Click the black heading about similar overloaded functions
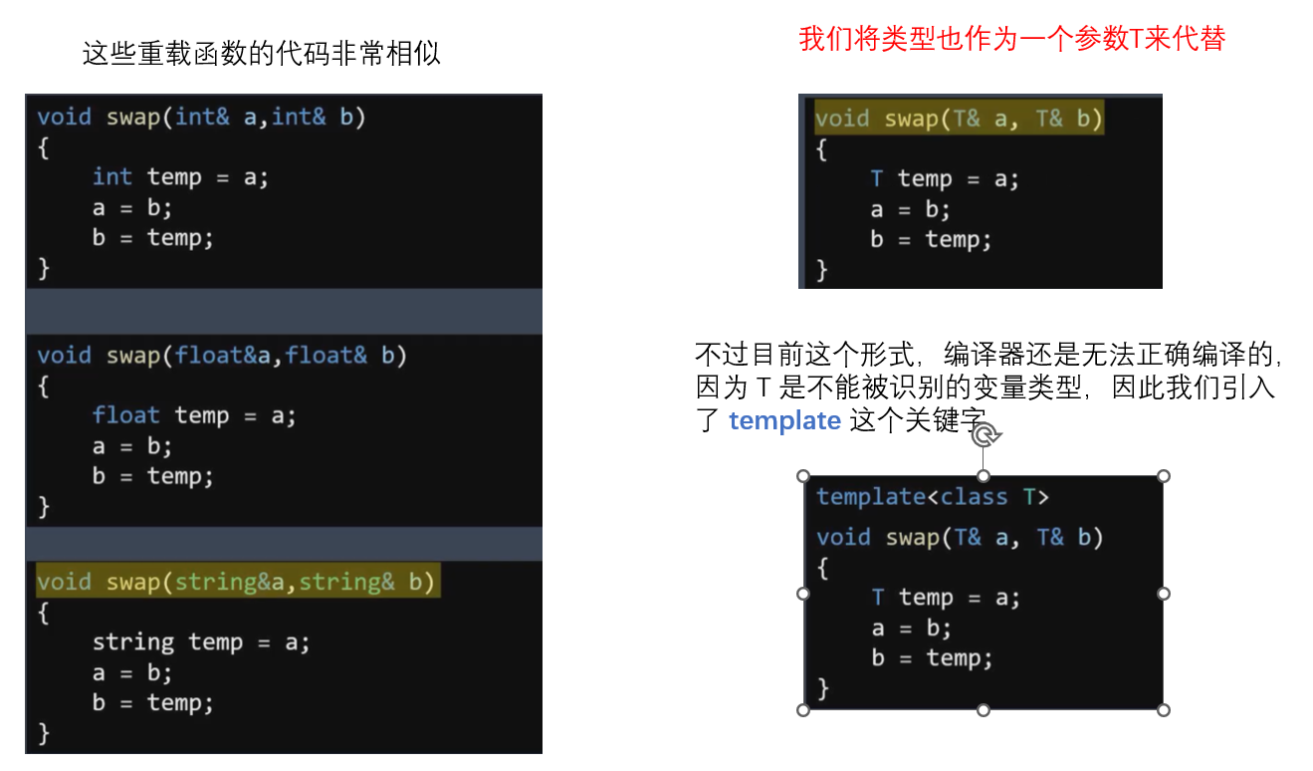coord(261,54)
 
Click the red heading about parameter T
coord(1011,39)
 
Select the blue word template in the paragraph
coord(784,421)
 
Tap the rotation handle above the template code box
coord(984,435)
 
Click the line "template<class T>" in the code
coord(933,496)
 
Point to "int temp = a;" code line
coord(180,177)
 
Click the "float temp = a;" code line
coord(194,415)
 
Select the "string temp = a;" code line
coord(201,642)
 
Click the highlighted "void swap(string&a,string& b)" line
coord(237,582)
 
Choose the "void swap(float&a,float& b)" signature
coord(222,356)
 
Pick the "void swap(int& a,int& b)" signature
coord(201,118)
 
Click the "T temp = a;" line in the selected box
coord(945,598)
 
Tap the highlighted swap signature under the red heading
coord(959,120)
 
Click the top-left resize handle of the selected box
coord(803,476)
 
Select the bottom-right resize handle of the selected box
coord(1164,710)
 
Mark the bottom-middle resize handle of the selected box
coord(984,710)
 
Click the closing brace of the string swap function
coord(43,733)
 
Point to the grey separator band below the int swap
coord(284,312)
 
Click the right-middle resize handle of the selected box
coord(1164,594)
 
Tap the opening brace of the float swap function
coord(43,385)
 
